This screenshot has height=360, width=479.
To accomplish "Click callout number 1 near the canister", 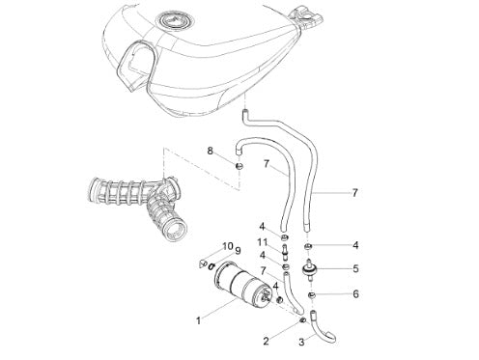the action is pos(199,320).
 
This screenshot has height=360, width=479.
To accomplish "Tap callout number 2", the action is pos(266,341).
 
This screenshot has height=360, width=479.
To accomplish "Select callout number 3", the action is pos(301,342).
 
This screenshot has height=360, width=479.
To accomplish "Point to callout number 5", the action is pos(355,268).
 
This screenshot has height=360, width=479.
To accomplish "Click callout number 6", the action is pos(355,294).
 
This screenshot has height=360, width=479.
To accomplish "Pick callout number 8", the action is pos(211,151).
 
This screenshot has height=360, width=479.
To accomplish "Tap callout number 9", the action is pos(238,251).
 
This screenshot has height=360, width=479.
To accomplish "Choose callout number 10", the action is pos(228,246).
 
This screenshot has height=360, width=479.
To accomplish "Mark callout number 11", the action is pos(262,242).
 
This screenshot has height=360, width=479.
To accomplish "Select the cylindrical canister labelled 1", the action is pos(242,283).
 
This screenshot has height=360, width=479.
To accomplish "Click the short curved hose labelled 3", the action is pos(322,331).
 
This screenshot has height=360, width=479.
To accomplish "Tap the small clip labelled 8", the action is pos(239,166).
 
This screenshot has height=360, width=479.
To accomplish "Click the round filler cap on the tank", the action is pos(176,21).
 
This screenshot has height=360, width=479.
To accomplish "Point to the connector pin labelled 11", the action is pos(285,251).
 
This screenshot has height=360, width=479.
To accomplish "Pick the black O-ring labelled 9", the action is pos(211,266).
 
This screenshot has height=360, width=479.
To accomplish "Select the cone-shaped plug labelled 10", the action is pos(203,263).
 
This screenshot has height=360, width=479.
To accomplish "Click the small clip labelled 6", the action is pos(311,294).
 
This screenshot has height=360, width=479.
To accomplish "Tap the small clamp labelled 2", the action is pos(302,320).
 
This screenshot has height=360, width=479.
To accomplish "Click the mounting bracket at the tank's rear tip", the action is pos(306,17).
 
